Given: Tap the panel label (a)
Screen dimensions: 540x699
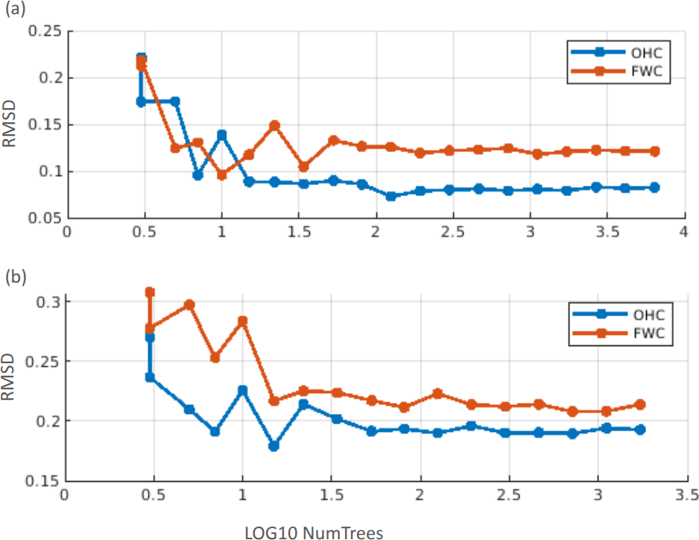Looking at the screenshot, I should tap(14, 10).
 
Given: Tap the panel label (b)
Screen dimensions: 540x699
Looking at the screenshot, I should tap(14, 277).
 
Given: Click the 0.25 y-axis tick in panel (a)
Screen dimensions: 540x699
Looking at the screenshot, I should tap(45, 31).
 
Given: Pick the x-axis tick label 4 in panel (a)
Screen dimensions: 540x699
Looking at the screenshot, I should tap(682, 233).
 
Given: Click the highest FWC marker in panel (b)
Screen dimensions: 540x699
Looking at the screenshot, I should tap(150, 292).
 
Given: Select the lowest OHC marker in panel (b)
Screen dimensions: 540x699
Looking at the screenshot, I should tap(273, 445).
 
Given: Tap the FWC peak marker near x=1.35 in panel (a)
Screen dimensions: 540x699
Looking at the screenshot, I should tap(274, 125).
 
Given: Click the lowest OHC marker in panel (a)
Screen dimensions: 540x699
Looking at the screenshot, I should tap(390, 196).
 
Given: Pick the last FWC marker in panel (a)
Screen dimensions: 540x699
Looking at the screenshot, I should tap(654, 151).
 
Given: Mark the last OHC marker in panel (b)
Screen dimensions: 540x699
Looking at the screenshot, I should tap(639, 430).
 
